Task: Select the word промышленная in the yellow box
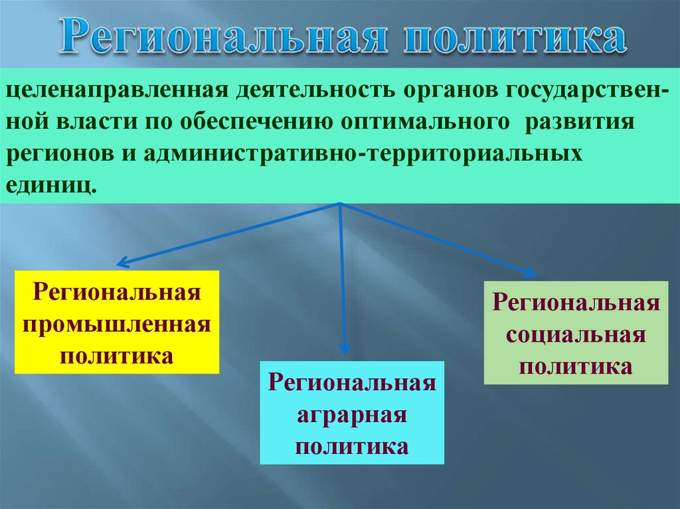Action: click(x=117, y=324)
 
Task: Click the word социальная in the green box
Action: click(x=575, y=334)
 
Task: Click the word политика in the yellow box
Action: click(x=117, y=355)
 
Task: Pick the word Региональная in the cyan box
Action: click(x=352, y=384)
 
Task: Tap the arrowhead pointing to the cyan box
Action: click(x=343, y=348)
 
